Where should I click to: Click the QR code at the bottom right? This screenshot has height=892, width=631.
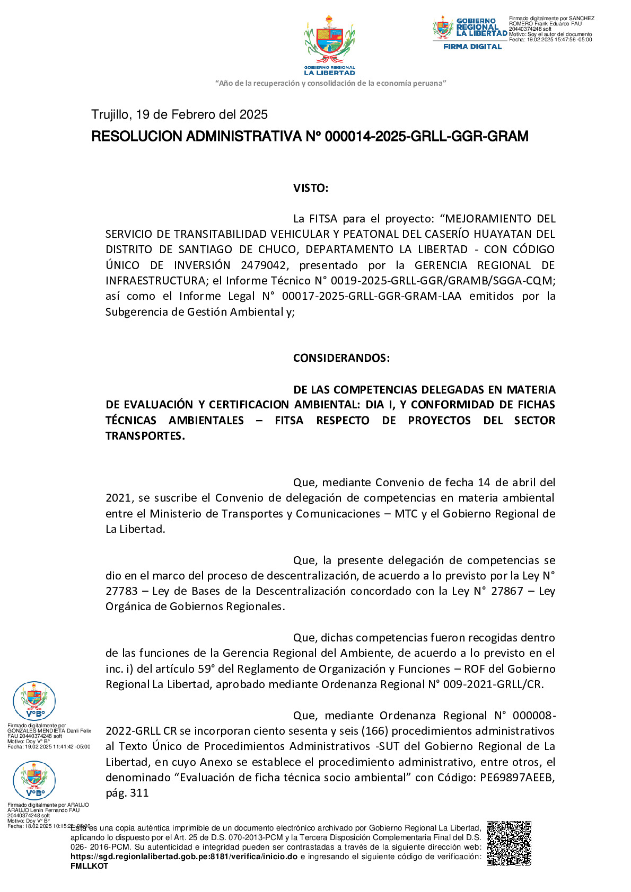(x=509, y=843)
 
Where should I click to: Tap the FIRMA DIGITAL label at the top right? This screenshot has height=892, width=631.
(x=472, y=47)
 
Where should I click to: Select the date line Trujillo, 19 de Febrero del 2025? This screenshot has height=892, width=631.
(x=179, y=114)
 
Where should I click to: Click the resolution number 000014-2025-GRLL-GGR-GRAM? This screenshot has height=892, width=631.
(x=426, y=137)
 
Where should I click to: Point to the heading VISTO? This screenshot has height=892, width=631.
(x=311, y=188)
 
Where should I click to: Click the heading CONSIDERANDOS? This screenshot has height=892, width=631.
(x=341, y=358)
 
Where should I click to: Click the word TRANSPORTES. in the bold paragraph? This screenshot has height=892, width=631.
(x=145, y=436)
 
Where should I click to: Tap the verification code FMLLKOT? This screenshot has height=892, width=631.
(x=89, y=866)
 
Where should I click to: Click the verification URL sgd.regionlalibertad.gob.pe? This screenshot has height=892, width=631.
(x=183, y=857)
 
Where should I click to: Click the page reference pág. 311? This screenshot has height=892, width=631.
(x=127, y=793)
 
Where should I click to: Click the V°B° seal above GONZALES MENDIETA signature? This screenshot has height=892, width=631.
(x=34, y=700)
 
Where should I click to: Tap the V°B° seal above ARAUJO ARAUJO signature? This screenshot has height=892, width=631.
(x=34, y=779)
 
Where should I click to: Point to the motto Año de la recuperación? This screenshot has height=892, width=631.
(x=330, y=83)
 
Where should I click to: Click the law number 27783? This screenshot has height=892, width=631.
(x=121, y=591)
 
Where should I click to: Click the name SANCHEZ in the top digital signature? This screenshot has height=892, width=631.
(x=582, y=19)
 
